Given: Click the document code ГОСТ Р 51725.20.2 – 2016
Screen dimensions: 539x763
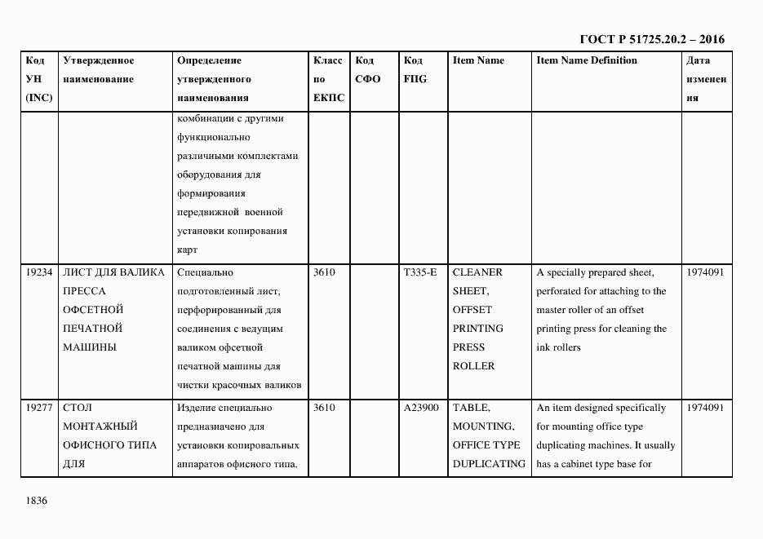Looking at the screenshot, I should pyautogui.click(x=651, y=39).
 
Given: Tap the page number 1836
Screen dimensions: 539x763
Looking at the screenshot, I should pyautogui.click(x=38, y=500).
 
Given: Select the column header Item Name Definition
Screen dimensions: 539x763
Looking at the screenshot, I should pyautogui.click(x=587, y=60).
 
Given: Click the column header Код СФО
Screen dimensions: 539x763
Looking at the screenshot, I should pyautogui.click(x=367, y=70).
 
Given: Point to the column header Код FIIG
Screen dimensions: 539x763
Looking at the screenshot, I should pyautogui.click(x=415, y=70).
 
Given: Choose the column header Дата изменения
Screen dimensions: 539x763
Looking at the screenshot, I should pyautogui.click(x=705, y=79).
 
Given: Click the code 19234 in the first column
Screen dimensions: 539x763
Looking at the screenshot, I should pyautogui.click(x=39, y=272).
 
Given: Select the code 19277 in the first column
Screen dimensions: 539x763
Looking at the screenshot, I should pyautogui.click(x=39, y=408).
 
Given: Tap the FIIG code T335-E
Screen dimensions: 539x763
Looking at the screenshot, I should pyautogui.click(x=419, y=272).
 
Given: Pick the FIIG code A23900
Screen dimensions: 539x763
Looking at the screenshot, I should pyautogui.click(x=421, y=408).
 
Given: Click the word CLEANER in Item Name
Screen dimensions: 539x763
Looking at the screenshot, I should pyautogui.click(x=477, y=272).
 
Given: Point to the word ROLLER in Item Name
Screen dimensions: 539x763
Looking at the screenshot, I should pyautogui.click(x=473, y=366).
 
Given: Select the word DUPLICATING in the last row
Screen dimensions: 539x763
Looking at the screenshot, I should pyautogui.click(x=489, y=464).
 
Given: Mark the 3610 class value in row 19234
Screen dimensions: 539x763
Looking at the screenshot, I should pyautogui.click(x=324, y=272).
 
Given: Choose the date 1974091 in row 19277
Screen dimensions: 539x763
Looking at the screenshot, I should pyautogui.click(x=705, y=408).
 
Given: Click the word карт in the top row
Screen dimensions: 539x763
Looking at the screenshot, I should pyautogui.click(x=187, y=250).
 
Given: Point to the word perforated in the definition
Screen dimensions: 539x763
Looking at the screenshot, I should pyautogui.click(x=562, y=291).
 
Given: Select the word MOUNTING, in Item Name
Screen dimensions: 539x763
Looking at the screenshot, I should pyautogui.click(x=483, y=426).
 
